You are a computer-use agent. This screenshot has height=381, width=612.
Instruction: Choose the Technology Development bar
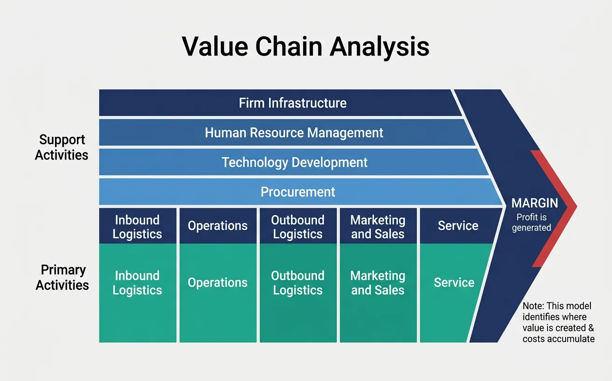294,162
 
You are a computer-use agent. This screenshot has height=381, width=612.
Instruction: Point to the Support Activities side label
62,147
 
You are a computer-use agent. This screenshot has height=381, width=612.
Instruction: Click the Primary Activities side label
62,277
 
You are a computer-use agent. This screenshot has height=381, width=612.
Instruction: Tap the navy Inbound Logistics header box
138,226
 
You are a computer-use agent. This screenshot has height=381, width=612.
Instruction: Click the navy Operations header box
218,226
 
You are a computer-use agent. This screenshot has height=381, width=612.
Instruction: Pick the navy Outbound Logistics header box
298,226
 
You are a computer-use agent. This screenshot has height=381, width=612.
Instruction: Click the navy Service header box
457,226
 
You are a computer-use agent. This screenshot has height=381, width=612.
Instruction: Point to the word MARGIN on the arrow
535,203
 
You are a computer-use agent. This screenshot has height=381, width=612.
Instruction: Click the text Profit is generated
532,222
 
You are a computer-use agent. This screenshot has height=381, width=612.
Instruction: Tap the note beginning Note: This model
558,322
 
